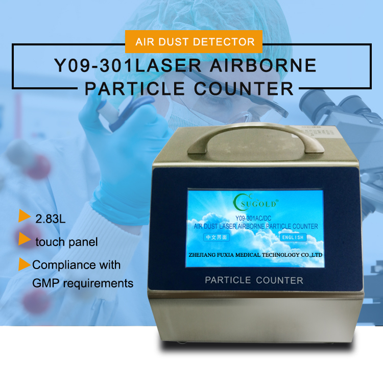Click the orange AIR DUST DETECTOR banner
[x=194, y=41]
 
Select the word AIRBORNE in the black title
[x=263, y=65]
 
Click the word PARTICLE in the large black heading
[x=135, y=89]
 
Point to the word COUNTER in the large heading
[x=244, y=89]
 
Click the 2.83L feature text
[x=51, y=219]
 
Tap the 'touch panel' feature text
[x=66, y=242]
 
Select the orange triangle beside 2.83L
[x=25, y=216]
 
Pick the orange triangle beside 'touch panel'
[x=25, y=239]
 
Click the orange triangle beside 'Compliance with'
[x=25, y=264]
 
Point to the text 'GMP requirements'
[x=83, y=283]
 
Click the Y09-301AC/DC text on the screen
[x=253, y=219]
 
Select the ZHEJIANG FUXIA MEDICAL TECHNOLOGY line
[x=255, y=255]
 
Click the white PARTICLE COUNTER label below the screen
[x=254, y=280]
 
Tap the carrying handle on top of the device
[x=255, y=137]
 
